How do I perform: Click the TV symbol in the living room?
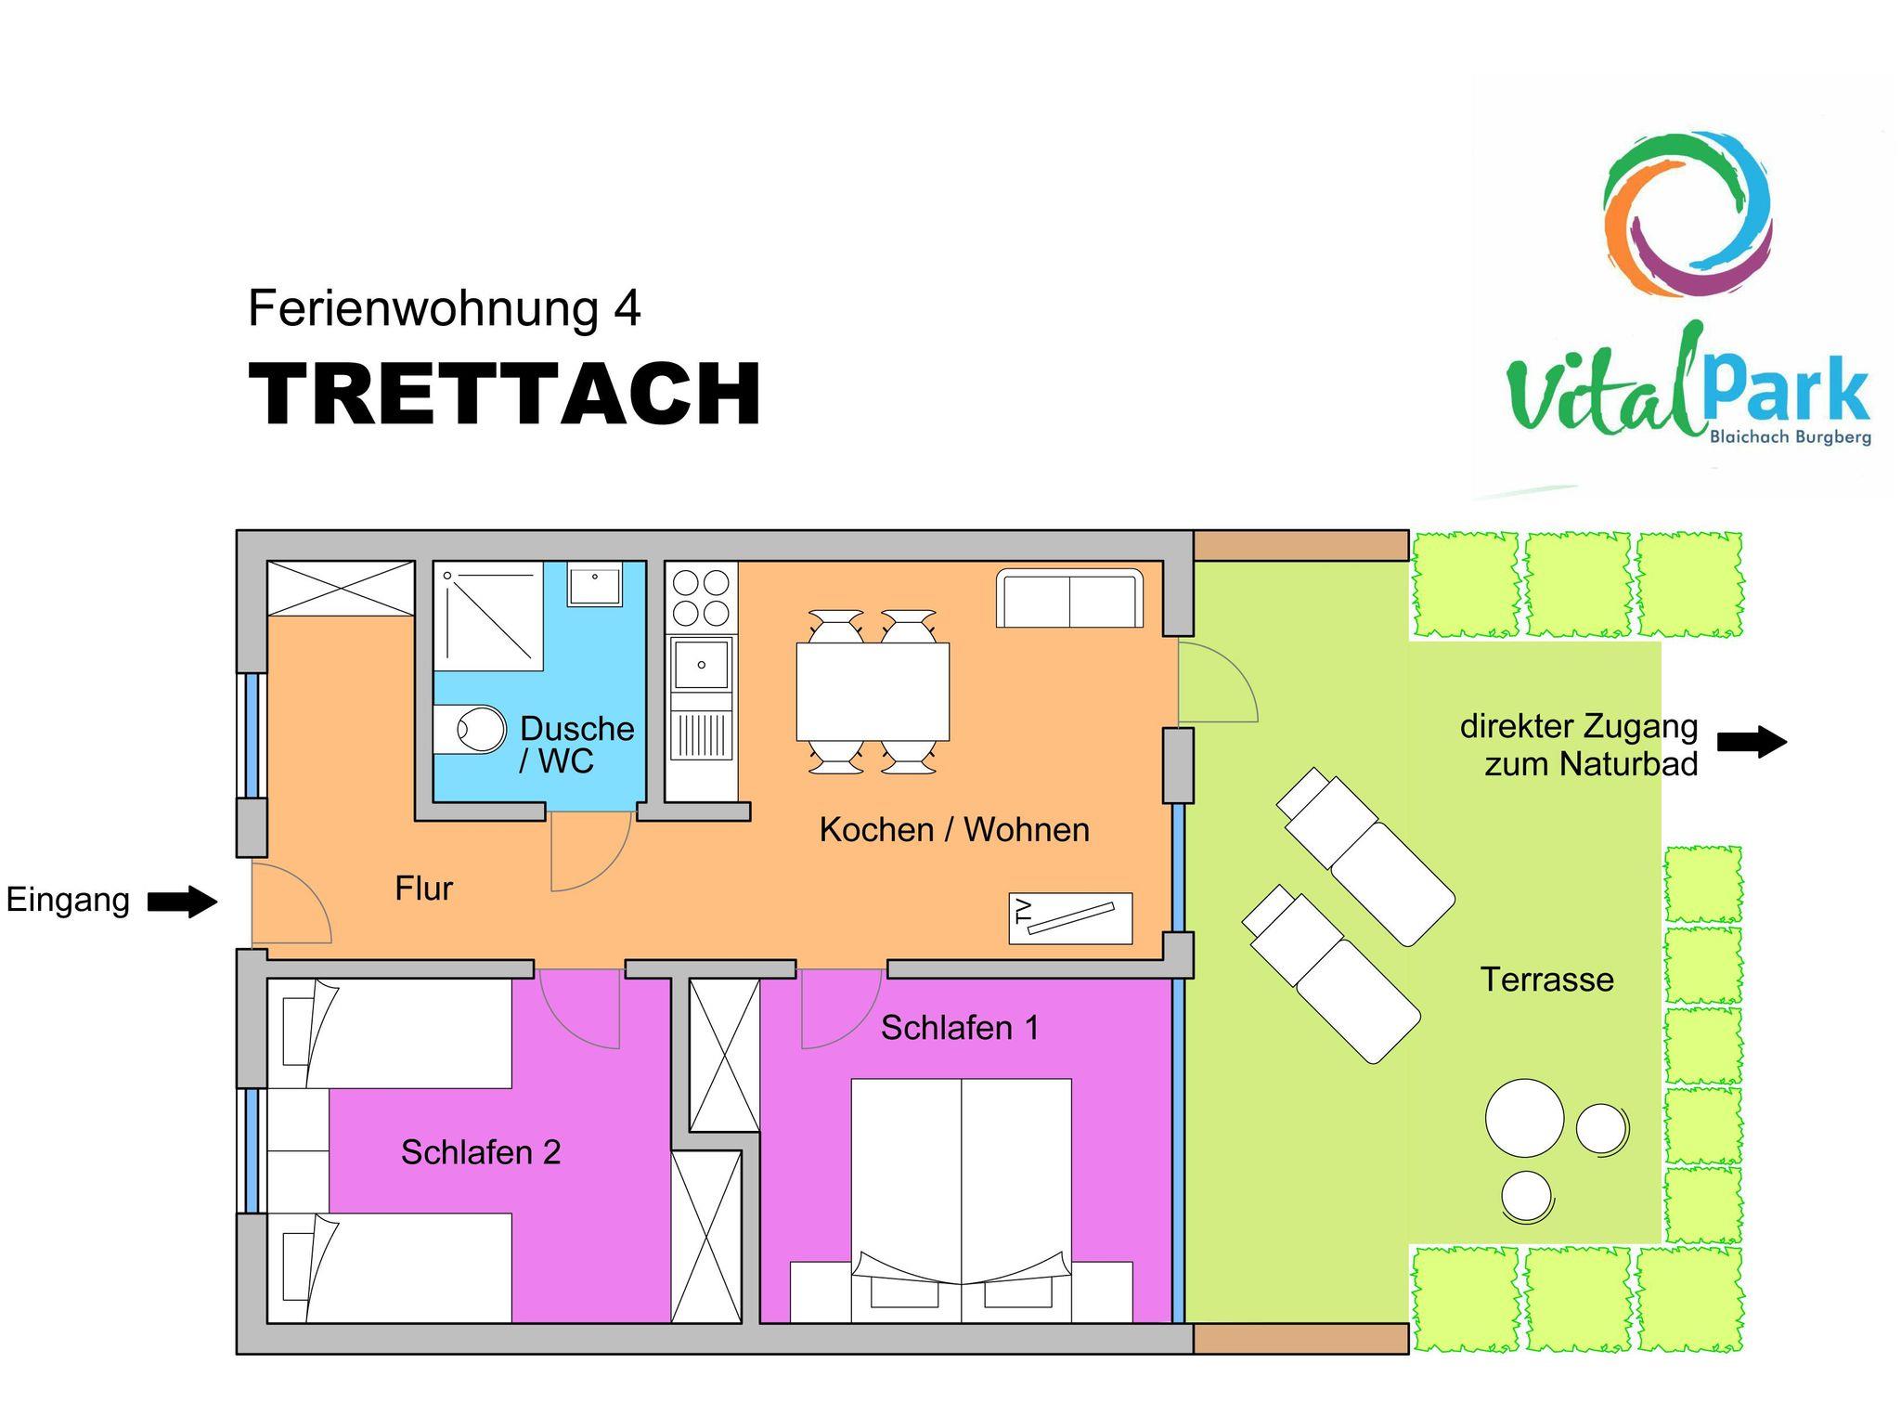(x=1070, y=918)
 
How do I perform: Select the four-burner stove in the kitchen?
(x=702, y=599)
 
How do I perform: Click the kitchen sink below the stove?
(x=702, y=663)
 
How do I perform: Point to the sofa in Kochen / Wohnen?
(x=1069, y=598)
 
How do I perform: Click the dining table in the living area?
(x=873, y=692)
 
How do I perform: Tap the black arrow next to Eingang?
(x=183, y=901)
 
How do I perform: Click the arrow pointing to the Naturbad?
(x=1752, y=742)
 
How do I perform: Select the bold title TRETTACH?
(x=505, y=394)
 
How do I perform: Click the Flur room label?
(x=423, y=889)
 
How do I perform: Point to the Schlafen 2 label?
(x=481, y=1152)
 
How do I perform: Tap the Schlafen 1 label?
(x=960, y=1028)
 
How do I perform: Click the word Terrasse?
(x=1546, y=980)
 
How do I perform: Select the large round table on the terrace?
(x=1524, y=1118)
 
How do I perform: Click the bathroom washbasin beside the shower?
(x=595, y=585)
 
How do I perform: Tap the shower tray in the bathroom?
(x=488, y=616)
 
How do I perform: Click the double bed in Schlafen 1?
(x=961, y=1200)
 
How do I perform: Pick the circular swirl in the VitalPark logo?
(x=1687, y=215)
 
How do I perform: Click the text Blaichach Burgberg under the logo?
(x=1791, y=436)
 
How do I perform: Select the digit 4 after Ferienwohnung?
(x=627, y=308)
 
